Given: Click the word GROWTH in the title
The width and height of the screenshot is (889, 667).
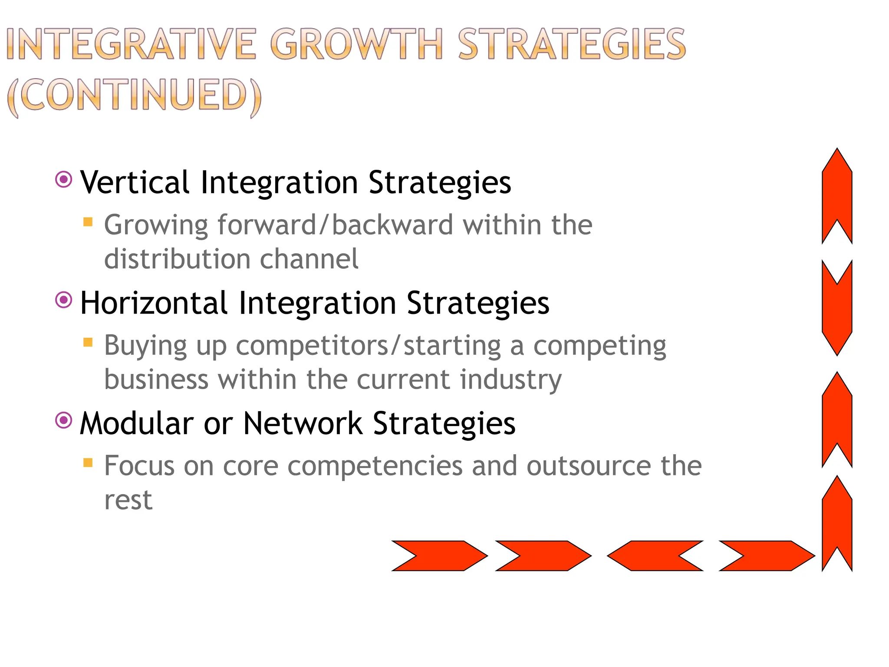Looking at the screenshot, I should pyautogui.click(x=356, y=44).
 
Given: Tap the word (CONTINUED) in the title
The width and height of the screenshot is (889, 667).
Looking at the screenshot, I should pyautogui.click(x=135, y=96).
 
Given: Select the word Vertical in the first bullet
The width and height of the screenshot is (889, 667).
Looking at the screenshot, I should pyautogui.click(x=135, y=182).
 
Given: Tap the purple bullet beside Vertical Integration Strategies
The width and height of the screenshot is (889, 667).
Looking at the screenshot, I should pyautogui.click(x=64, y=179).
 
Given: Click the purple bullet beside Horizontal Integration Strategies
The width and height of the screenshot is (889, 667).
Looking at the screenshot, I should pyautogui.click(x=64, y=300).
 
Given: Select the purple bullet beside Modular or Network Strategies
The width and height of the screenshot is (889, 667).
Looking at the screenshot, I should pyautogui.click(x=64, y=420).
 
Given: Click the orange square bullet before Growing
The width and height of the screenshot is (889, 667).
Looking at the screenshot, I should pyautogui.click(x=88, y=222).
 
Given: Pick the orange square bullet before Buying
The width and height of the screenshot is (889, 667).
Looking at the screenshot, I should pyautogui.click(x=88, y=343).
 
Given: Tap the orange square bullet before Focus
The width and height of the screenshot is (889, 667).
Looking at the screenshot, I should pyautogui.click(x=88, y=463).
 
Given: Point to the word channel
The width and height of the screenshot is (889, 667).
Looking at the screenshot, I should pyautogui.click(x=309, y=259).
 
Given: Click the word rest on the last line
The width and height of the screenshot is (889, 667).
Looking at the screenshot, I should pyautogui.click(x=128, y=500).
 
